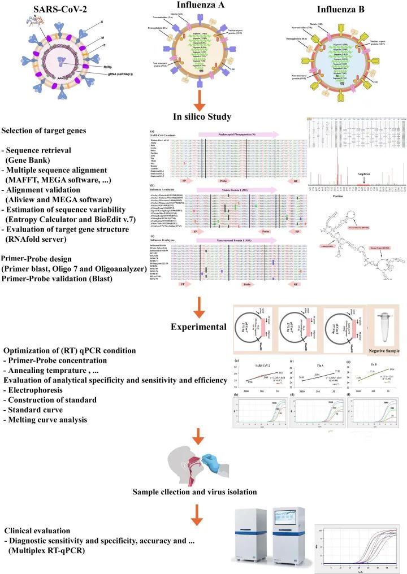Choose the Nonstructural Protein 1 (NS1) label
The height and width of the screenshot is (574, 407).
(239, 239)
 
